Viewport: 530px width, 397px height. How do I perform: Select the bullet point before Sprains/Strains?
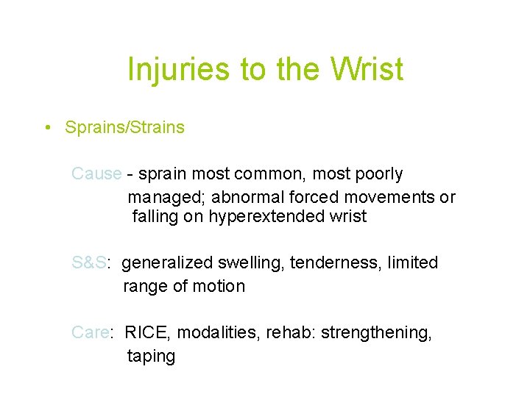tap(46, 128)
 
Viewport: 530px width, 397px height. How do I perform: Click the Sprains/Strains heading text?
tap(124, 128)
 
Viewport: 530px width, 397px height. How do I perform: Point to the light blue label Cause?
tap(96, 174)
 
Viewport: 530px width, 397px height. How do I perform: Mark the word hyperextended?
tap(263, 217)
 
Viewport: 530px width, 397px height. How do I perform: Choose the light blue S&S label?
tap(91, 263)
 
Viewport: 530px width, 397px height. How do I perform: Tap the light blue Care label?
tap(91, 333)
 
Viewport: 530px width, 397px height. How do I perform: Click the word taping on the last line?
tap(151, 357)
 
